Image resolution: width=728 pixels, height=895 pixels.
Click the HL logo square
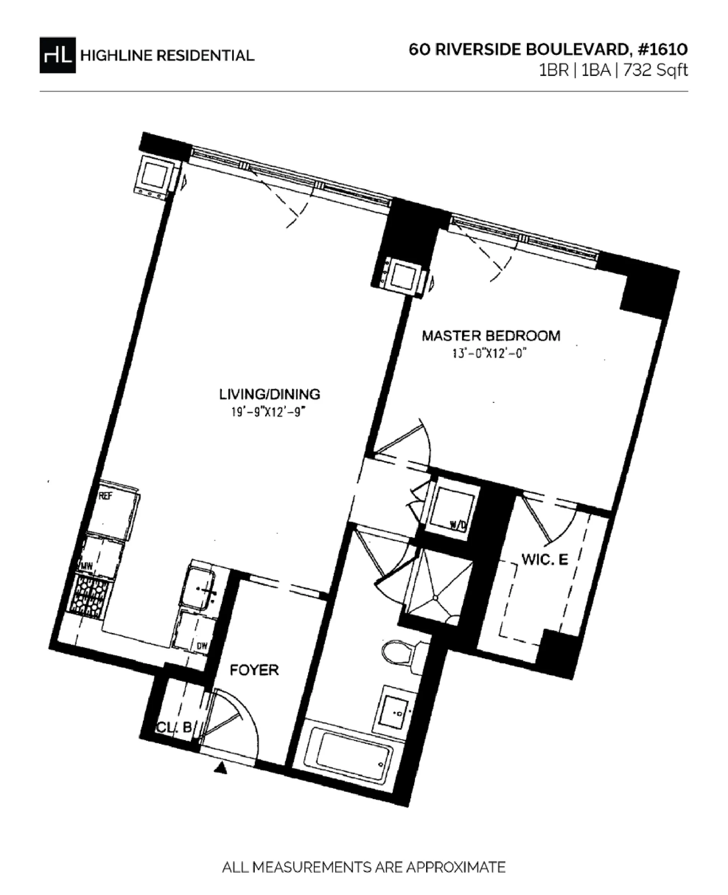tap(57, 55)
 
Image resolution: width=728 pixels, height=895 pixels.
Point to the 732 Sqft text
tap(656, 71)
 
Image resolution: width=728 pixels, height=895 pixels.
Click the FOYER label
tap(254, 669)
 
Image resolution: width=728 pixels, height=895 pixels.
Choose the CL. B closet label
tap(174, 727)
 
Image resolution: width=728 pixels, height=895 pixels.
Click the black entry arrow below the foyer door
tap(221, 769)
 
